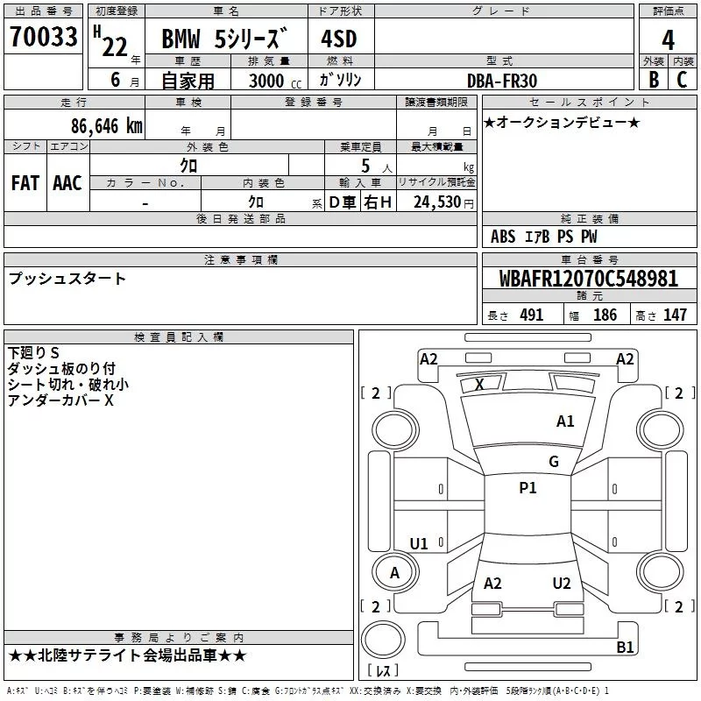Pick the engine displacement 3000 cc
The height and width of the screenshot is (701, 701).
pos(275,80)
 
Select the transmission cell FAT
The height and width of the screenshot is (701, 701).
pos(25,182)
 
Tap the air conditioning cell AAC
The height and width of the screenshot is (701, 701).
pos(67,182)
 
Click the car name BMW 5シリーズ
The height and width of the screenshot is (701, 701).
pos(223,39)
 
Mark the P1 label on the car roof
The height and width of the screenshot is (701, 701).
pos(528,488)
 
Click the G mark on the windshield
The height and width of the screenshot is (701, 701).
pos(554,462)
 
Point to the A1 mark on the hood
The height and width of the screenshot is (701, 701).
pos(565,421)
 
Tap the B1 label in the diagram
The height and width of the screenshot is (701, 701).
pos(625,648)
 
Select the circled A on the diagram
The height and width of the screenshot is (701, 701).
pos(394,572)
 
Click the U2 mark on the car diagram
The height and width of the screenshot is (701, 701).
pos(562,583)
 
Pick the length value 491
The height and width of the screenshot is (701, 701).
pos(532,315)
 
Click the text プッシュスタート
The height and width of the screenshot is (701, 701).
pos(67,279)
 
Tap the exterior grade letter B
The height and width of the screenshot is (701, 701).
pos(653,79)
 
